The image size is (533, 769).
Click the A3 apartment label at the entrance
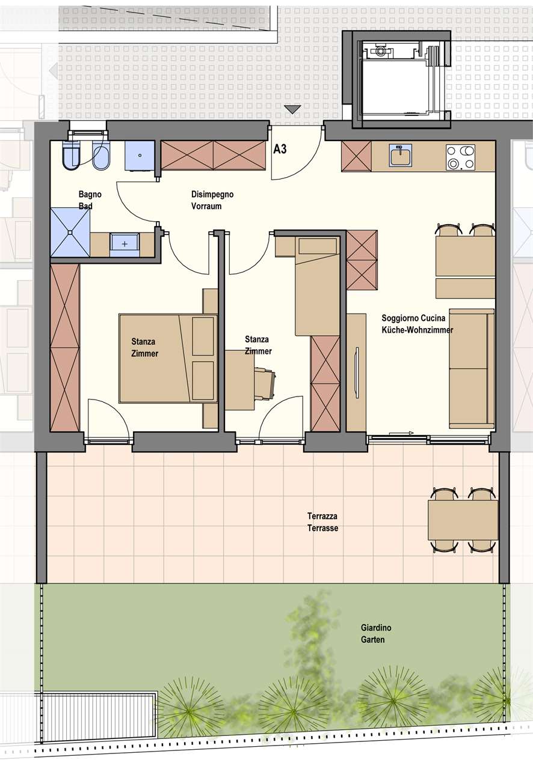click(280, 150)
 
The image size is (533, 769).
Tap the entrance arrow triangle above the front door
click(292, 109)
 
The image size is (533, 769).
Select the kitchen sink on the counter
click(401, 155)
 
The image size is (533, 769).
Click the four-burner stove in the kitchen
click(460, 157)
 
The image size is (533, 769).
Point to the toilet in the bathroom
click(71, 155)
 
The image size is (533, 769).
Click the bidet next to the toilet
click(100, 156)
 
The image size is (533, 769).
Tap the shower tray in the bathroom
click(70, 233)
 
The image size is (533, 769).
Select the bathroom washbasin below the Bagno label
click(125, 244)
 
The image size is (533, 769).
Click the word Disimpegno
click(212, 194)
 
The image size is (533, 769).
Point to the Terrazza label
click(322, 516)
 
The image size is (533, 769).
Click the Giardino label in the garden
click(376, 628)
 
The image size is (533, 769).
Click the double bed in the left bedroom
click(168, 358)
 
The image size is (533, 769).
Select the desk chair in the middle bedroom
click(265, 383)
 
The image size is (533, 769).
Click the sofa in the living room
click(472, 368)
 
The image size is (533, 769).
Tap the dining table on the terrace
click(463, 520)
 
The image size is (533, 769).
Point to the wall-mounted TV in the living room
click(357, 373)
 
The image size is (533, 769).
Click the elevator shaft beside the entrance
click(402, 80)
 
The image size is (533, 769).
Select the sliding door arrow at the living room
click(401, 433)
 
